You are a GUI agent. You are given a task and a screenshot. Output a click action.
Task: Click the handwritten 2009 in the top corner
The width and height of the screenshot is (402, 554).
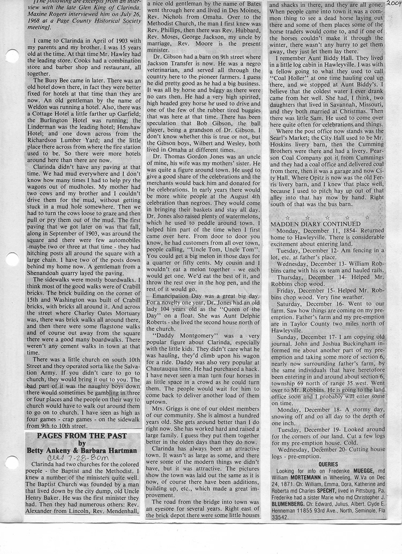click(393, 6)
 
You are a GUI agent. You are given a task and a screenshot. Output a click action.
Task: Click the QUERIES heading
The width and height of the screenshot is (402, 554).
click(328, 464)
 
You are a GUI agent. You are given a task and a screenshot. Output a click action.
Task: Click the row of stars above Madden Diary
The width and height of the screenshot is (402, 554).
click(327, 217)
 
